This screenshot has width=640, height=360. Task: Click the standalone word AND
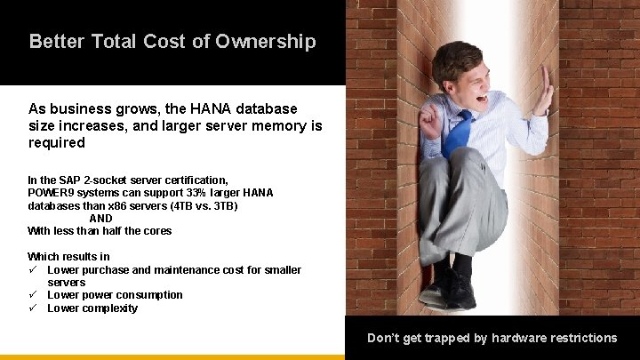click(100, 218)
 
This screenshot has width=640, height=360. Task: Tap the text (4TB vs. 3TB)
click(208, 205)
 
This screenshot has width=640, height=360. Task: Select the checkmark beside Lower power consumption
click(33, 294)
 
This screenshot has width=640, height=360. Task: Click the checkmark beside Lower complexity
click(33, 308)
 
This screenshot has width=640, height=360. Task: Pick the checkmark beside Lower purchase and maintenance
click(33, 269)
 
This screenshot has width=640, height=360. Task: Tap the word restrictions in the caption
click(578, 338)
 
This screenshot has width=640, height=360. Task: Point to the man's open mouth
click(481, 100)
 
